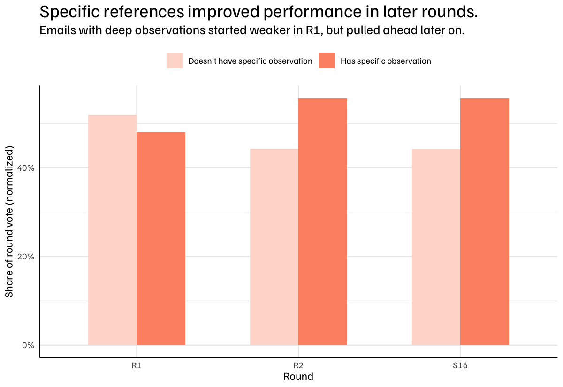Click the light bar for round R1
point(112,230)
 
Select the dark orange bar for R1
point(161,239)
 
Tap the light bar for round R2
point(274,247)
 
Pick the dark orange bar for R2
point(323,221)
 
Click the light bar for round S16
point(436,247)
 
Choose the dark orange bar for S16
point(485,221)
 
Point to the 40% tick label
point(26,168)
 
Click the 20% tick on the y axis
point(26,257)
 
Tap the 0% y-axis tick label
point(28,345)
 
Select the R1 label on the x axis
point(137,365)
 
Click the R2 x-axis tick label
point(298,365)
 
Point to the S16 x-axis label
point(460,365)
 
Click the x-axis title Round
point(298,376)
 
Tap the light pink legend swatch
point(175,61)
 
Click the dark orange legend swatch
point(327,61)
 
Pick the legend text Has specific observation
point(386,61)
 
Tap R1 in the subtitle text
point(314,30)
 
